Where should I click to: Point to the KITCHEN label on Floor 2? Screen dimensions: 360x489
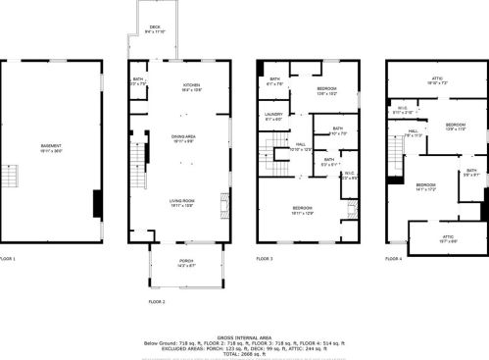coord(191,87)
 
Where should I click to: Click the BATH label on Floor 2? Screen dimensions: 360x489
coord(137,81)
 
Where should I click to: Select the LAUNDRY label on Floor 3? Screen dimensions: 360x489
coord(273,117)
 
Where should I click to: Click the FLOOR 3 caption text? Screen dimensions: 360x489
coord(267,259)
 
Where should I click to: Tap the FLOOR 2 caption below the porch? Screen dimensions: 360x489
coord(157,302)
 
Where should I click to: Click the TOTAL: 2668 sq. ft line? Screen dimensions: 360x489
coord(245,353)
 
